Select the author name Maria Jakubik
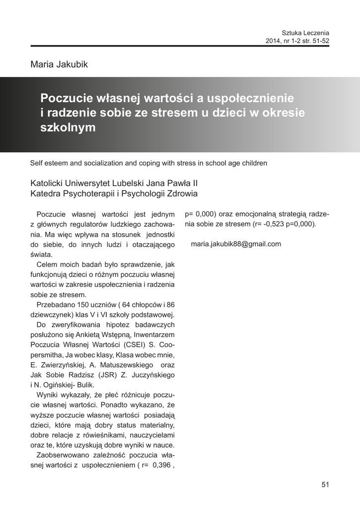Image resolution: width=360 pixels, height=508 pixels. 60,64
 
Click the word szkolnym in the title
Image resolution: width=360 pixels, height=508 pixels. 68,127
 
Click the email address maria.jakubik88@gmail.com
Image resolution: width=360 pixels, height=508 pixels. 236,244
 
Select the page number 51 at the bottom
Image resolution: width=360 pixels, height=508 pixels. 326,485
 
